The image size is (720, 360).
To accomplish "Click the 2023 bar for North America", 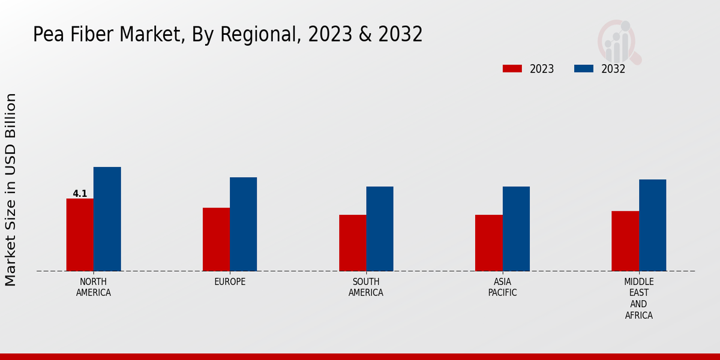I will pos(80,235).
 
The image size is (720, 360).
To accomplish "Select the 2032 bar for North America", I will pos(107,219).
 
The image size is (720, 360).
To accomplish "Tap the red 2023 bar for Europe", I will pos(216,239).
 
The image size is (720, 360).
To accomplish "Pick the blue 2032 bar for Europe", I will pos(243,224).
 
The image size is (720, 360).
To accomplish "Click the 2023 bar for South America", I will pos(352,243).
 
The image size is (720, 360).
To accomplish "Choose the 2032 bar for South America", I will pos(380,229).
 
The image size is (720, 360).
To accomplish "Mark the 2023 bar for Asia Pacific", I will pos(488,243).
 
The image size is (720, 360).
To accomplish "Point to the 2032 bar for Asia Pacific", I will pos(516,229).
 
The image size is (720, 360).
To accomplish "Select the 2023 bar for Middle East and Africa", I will pos(625,241).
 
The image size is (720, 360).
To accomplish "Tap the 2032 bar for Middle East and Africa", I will pos(652,225).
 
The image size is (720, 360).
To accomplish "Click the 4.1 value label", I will pos(80,194).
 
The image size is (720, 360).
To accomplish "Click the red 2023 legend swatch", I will pos(512,69).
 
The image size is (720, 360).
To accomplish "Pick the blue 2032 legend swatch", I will pos(584,69).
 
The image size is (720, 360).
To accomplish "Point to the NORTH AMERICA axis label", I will pos(94,287).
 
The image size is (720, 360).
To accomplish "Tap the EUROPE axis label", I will pos(230,282).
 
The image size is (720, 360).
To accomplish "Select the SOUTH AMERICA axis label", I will pos(366,287).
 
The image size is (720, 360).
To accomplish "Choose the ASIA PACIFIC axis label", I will pos(502,287).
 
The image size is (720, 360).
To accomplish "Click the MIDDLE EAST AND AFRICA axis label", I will pos(639,298).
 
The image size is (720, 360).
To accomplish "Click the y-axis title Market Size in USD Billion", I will pos(11,190).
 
